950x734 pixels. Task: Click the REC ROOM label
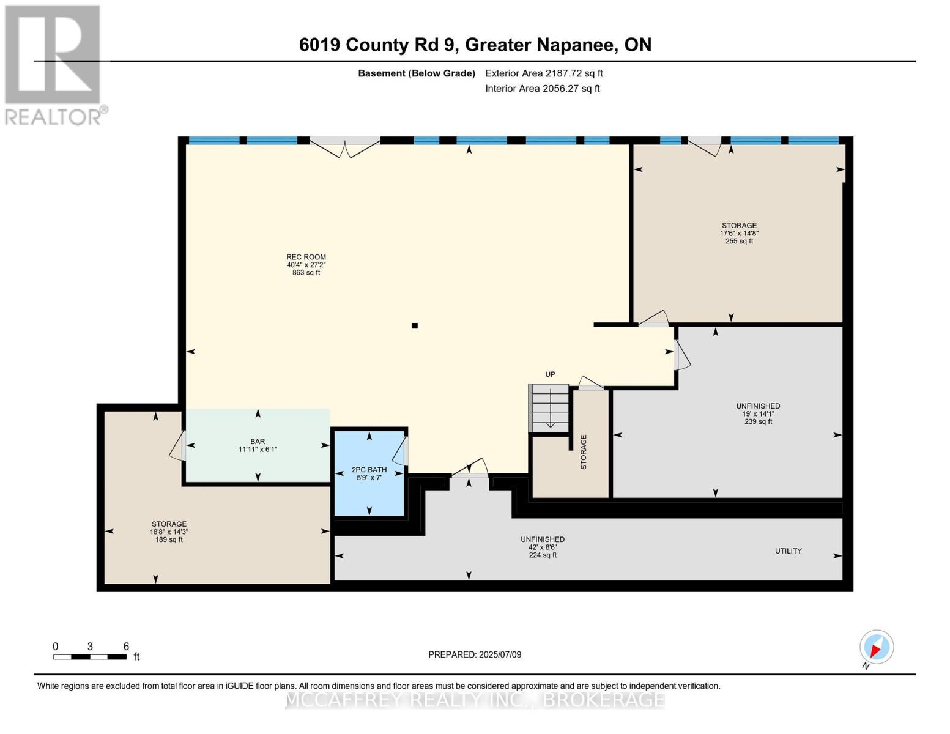306,258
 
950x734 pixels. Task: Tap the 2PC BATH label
369,470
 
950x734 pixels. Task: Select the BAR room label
258,442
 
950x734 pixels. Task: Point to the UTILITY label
788,551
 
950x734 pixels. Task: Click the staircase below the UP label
549,408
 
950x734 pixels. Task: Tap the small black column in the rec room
415,326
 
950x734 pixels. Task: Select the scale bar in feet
90,656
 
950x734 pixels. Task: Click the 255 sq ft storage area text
739,241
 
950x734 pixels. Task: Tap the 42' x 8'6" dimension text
542,547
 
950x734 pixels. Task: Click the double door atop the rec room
345,146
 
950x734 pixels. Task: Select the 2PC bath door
401,451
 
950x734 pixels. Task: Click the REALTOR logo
54,64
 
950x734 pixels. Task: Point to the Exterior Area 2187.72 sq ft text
544,73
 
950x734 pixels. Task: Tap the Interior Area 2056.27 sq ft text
542,89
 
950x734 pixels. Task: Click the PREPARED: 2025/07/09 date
475,654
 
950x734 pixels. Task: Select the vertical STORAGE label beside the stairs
584,452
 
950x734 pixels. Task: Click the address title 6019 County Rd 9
475,45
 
